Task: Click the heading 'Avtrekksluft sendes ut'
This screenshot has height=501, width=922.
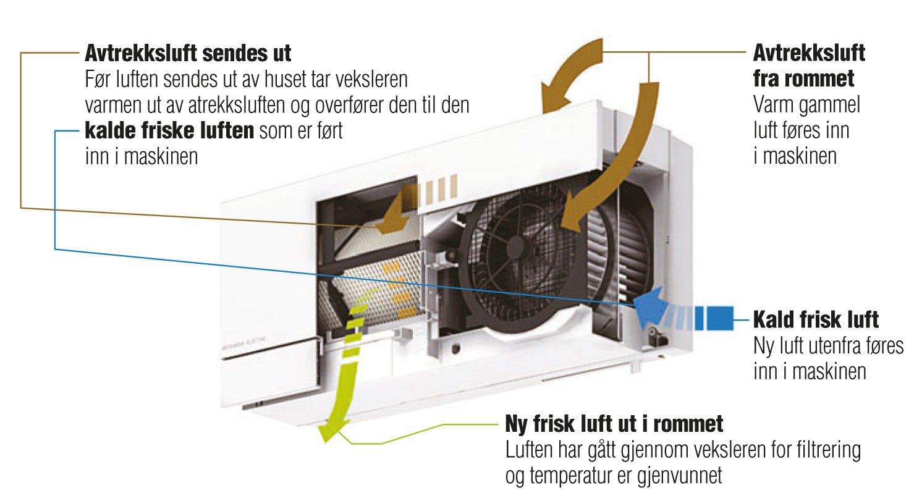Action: coord(187,53)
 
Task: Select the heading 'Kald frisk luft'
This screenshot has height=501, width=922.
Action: coord(816,320)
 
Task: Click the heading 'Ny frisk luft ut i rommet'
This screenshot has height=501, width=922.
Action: coord(614,424)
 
